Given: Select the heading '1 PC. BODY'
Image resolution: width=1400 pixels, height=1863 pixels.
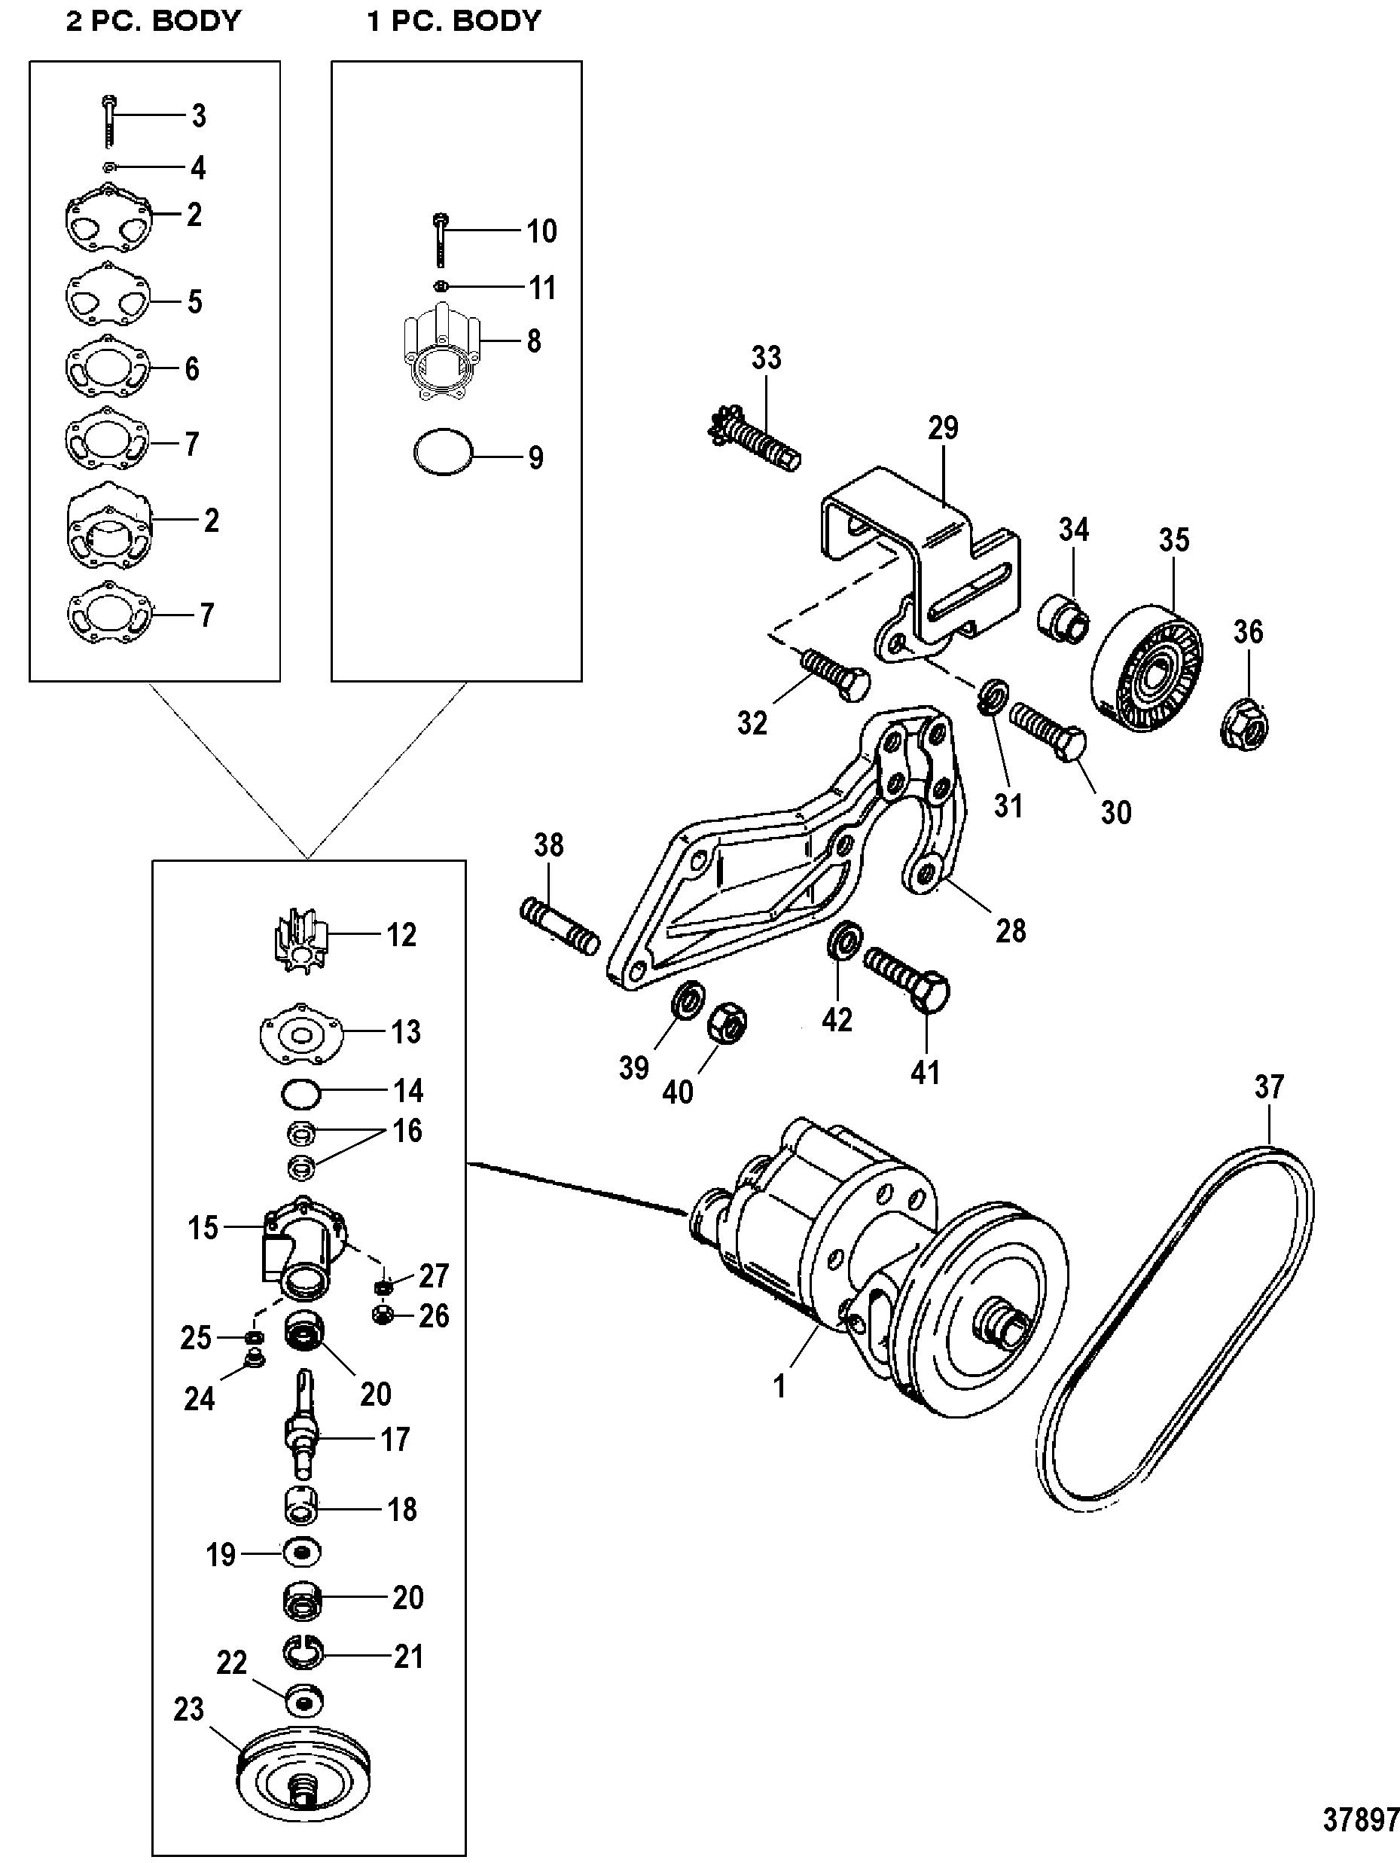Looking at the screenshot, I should (454, 21).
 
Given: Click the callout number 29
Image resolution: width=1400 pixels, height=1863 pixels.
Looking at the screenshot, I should (943, 428).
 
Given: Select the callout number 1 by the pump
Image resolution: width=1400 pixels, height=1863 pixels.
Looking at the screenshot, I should (779, 1385).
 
